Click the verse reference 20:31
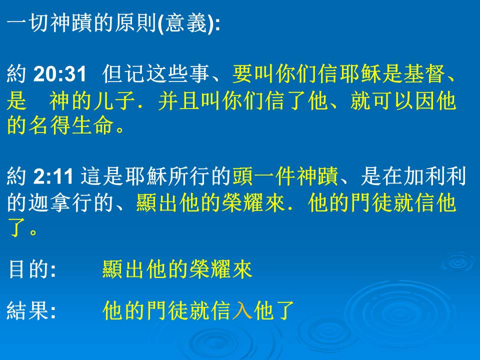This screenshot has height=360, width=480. [60, 74]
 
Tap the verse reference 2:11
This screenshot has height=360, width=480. [53, 176]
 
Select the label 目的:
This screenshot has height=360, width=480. [32, 269]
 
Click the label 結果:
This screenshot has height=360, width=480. [31, 310]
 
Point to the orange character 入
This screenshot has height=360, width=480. [242, 310]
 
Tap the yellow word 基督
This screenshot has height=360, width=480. [424, 74]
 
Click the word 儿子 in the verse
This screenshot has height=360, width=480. [114, 100]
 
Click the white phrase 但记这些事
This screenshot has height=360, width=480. [156, 74]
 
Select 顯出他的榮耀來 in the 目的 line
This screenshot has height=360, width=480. [177, 269]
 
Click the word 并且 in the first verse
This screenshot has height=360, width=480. [179, 100]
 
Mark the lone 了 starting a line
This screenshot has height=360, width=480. [17, 228]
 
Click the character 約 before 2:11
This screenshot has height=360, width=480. [16, 176]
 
